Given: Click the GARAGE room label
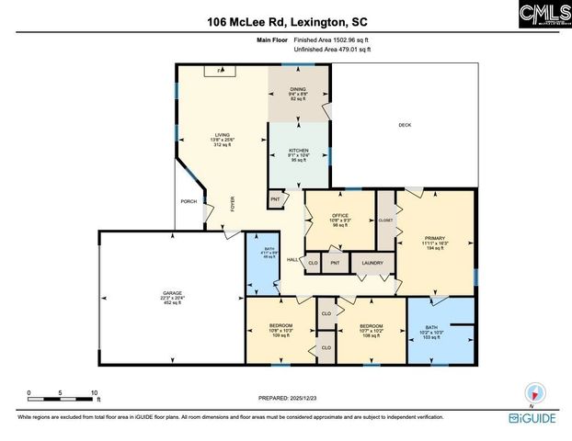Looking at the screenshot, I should (x=160, y=295).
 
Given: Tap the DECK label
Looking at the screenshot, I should (x=405, y=125).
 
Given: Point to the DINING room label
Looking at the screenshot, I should (x=299, y=89).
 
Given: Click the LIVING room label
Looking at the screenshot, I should (x=223, y=134).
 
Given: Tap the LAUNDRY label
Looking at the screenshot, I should (x=372, y=264).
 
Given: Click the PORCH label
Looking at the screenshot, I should (x=189, y=201).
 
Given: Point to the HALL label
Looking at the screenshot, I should (x=292, y=260).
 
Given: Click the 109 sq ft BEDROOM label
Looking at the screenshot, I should (x=280, y=327).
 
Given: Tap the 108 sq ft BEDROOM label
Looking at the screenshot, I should (x=372, y=326).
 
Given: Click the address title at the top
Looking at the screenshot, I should (x=285, y=21).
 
